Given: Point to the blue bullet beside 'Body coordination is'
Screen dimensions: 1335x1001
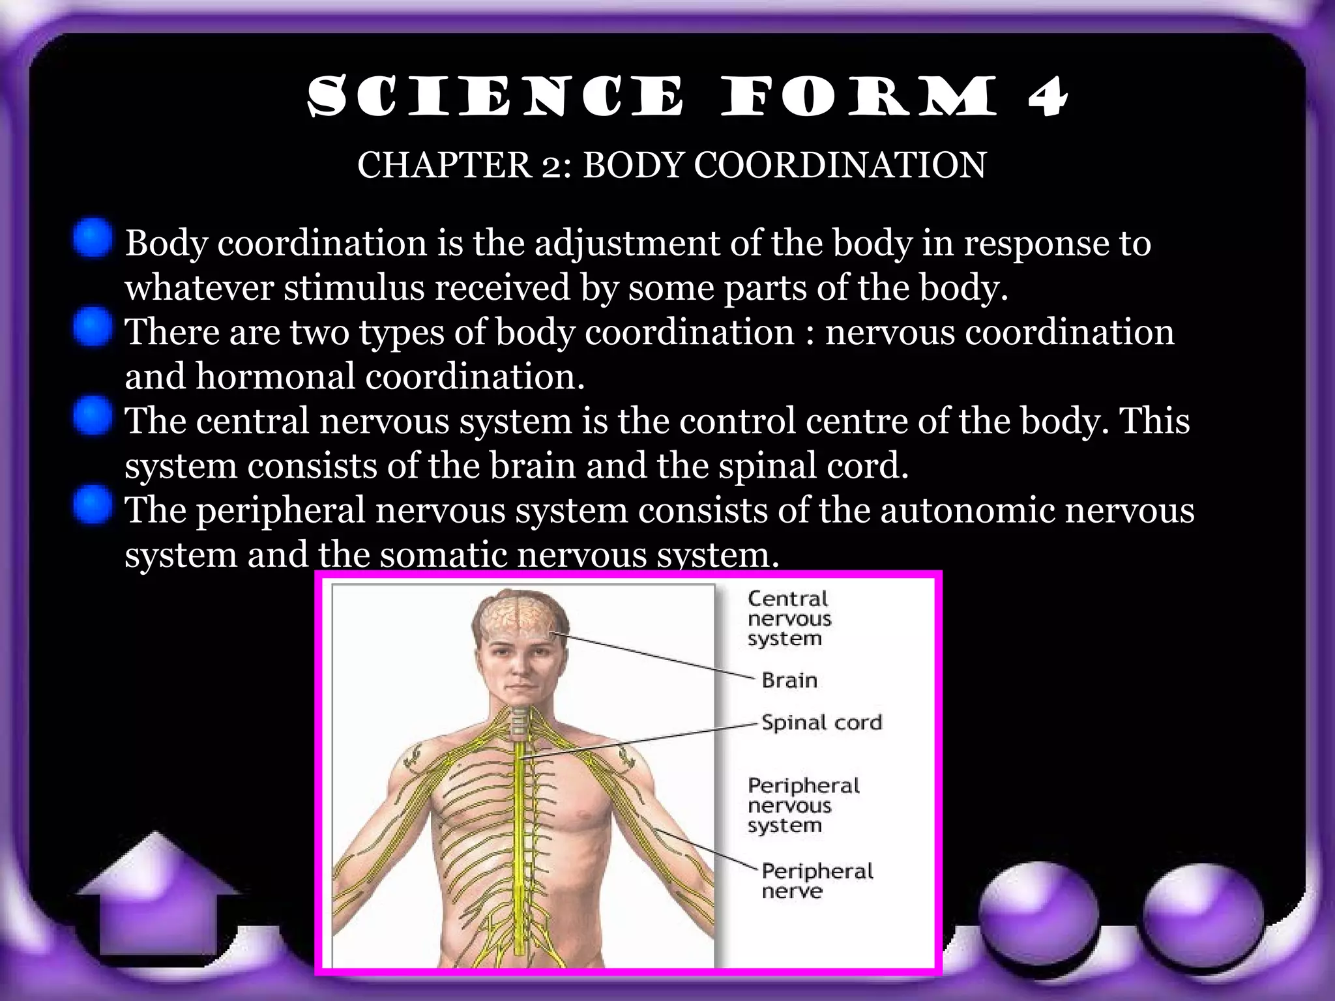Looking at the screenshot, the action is click(x=93, y=239).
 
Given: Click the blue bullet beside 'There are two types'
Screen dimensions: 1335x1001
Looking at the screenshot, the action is click(x=93, y=327).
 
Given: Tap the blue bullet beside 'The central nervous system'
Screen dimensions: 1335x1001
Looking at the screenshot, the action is click(x=93, y=416).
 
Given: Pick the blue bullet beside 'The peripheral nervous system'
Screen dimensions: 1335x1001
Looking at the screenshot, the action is click(x=93, y=504).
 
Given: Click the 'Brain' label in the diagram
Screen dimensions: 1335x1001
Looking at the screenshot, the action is click(x=789, y=680).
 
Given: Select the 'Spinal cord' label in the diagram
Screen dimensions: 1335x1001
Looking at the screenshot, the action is click(x=821, y=723).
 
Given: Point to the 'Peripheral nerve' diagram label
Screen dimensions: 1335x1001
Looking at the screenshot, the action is click(x=817, y=880).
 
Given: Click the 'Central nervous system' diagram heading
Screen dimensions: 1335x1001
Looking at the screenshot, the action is click(x=789, y=618).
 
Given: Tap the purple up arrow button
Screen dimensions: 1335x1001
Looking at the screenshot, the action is click(x=156, y=896).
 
